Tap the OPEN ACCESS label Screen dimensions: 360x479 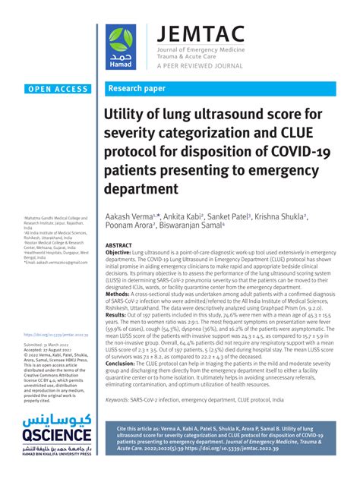58,89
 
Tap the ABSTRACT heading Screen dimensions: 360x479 118,246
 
